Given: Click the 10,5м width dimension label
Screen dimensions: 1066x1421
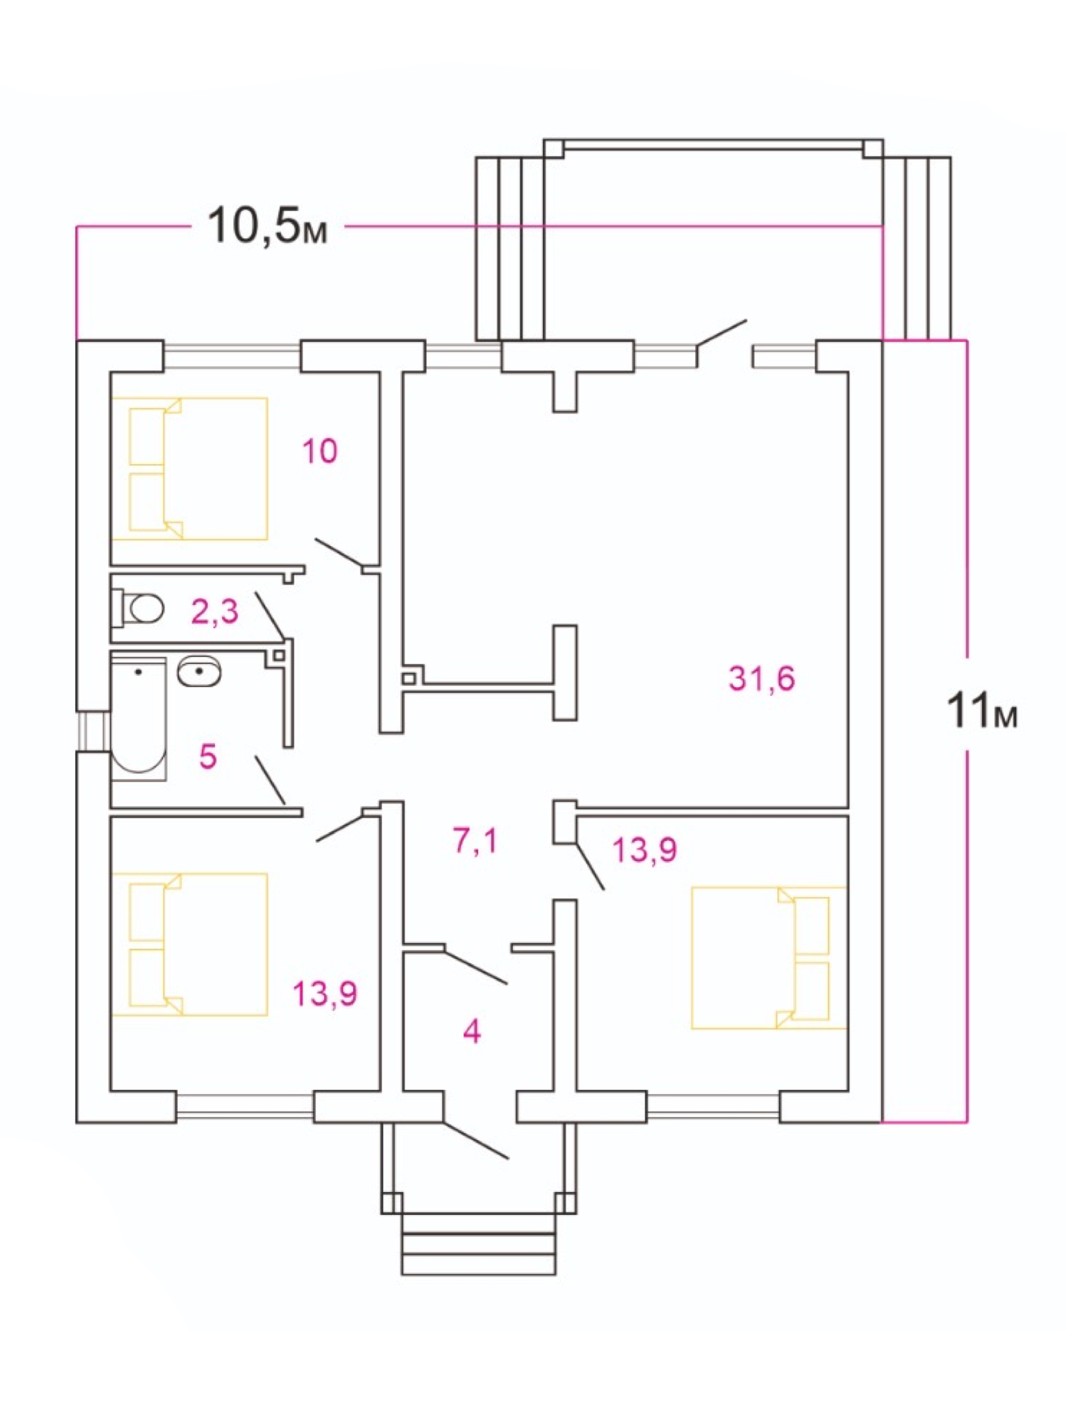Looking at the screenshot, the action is [267, 226].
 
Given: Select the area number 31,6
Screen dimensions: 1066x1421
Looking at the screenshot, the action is [761, 678].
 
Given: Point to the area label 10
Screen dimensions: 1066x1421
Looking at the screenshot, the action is [320, 451].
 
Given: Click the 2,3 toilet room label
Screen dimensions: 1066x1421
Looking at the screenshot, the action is [214, 611].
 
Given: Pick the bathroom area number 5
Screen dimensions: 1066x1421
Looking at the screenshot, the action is [208, 756].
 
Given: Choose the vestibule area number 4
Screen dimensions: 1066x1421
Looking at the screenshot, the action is [472, 1032].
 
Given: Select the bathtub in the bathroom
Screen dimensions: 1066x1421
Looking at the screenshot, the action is [139, 718].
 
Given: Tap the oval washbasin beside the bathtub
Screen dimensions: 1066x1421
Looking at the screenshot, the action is [200, 672].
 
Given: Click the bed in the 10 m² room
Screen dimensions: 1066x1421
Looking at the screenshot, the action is [189, 468].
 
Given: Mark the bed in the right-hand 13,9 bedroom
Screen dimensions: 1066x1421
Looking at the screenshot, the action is [769, 958].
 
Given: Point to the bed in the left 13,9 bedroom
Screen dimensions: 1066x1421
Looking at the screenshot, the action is [189, 944].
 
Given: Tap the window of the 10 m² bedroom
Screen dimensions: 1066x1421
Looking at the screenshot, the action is [232, 357].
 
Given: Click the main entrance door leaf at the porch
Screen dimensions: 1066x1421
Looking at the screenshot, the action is [476, 1139].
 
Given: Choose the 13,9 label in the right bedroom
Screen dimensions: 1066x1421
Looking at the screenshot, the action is [645, 849].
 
